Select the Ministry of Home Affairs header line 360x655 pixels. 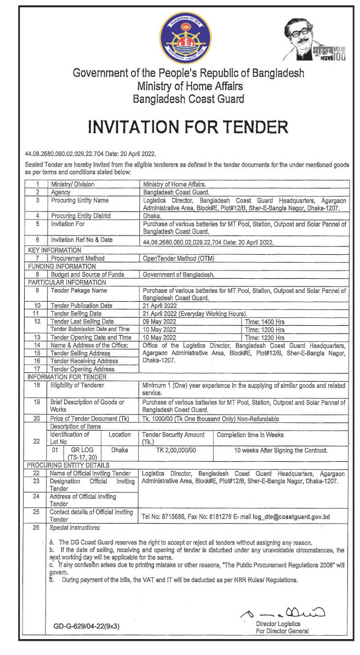click(x=190, y=86)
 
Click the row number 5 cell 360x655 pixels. click(x=37, y=224)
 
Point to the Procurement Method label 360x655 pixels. click(x=77, y=258)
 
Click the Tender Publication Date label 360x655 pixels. click(x=81, y=306)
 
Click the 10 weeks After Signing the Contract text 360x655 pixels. click(x=281, y=450)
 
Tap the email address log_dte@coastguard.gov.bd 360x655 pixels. click(x=291, y=516)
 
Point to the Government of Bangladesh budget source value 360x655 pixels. click(x=178, y=274)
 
